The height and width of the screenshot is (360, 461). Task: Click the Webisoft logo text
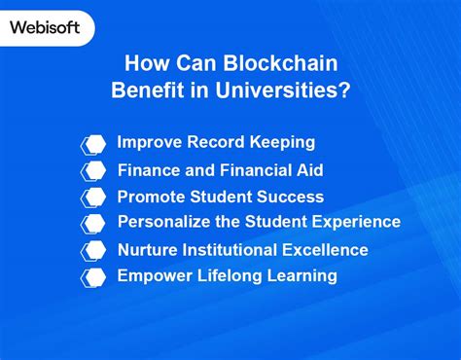click(x=46, y=27)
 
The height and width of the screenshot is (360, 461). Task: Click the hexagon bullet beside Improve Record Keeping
click(x=93, y=144)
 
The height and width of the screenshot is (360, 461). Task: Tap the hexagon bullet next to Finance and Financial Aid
click(x=93, y=170)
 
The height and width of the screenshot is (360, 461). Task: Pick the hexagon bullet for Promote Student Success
click(x=93, y=197)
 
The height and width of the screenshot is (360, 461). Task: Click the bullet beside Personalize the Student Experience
click(x=93, y=224)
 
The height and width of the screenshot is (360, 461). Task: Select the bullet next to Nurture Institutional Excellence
click(x=93, y=250)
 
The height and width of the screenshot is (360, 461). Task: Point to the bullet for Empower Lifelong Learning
click(x=93, y=276)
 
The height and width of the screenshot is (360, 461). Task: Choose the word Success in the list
click(x=290, y=197)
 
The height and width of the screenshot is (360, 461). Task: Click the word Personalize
click(x=166, y=222)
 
